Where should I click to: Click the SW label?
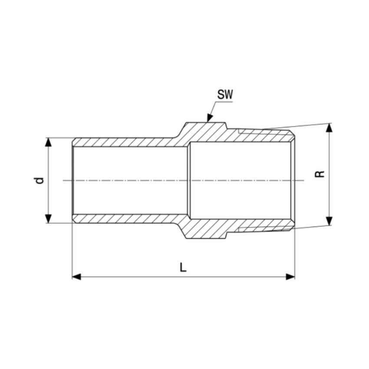click(x=225, y=95)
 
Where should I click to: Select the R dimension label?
click(x=320, y=174)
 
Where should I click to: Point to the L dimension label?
click(x=183, y=267)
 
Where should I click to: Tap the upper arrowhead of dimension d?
click(x=48, y=142)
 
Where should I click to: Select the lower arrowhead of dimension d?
click(x=48, y=219)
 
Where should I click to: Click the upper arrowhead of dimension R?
click(x=329, y=128)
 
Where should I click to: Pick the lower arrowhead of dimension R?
click(x=329, y=221)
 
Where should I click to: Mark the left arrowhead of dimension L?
click(x=76, y=277)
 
